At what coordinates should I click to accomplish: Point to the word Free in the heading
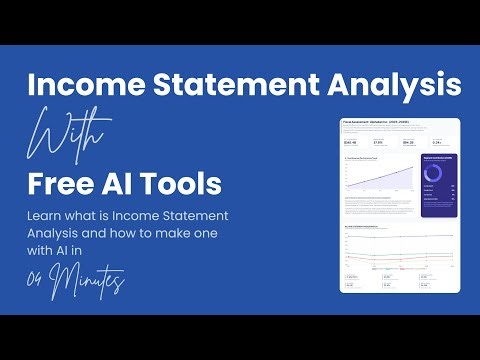[67, 184]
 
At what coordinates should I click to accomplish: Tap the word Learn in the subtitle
[50, 215]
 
